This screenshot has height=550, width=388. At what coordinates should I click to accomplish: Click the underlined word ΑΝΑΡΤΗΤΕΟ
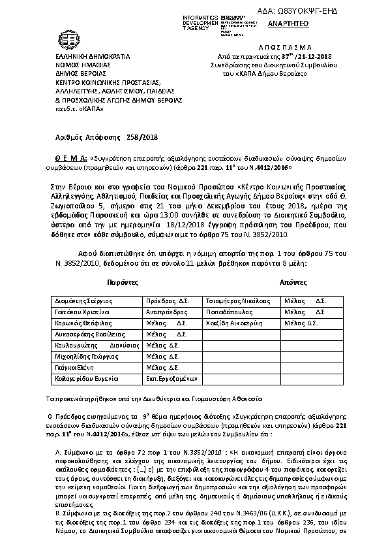pos(284,24)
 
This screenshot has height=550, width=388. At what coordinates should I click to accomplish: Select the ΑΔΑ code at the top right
pos(307,6)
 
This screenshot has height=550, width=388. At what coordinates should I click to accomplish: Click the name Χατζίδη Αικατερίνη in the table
pos(234,323)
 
